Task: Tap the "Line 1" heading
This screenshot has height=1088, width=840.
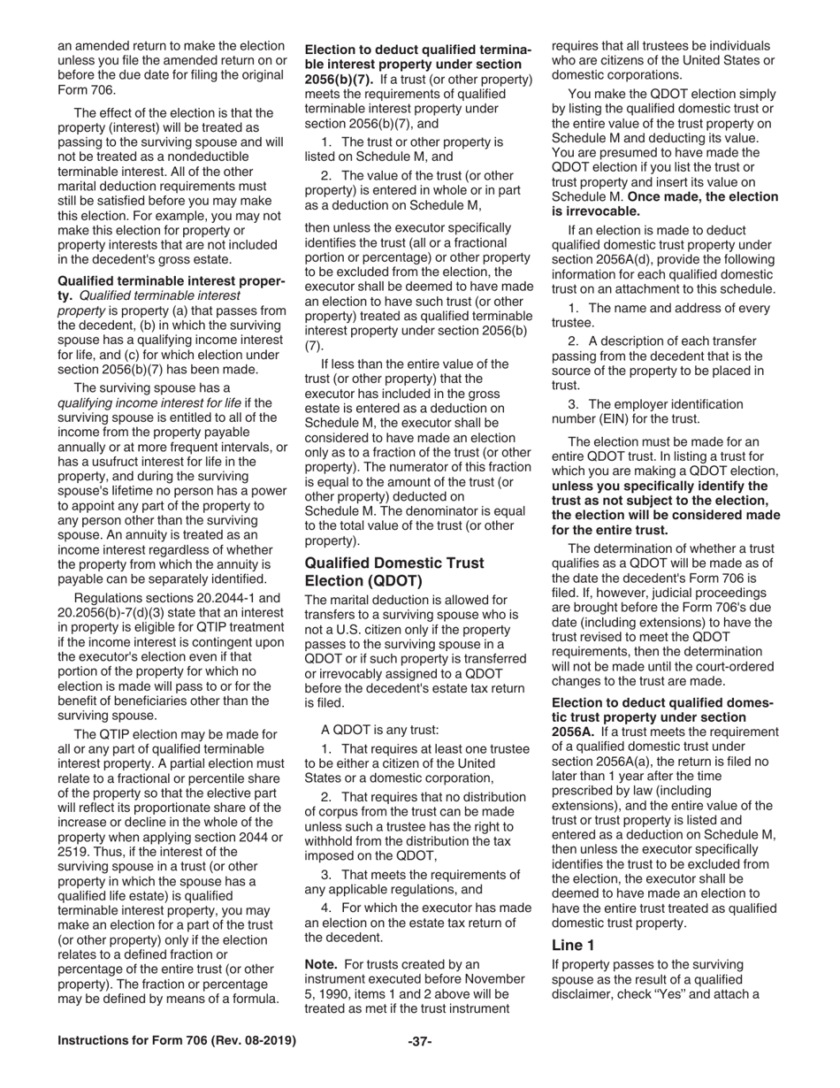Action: (573, 945)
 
